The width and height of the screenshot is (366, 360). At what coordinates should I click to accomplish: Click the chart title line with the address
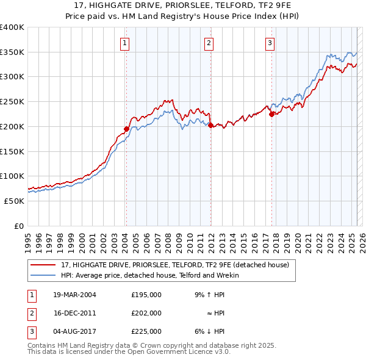coord(183,5)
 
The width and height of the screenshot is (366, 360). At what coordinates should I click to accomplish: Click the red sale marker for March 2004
coord(126,129)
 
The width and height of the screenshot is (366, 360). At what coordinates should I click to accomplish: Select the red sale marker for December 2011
coord(210,126)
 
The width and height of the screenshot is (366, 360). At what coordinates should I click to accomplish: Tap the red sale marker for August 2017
coord(271,114)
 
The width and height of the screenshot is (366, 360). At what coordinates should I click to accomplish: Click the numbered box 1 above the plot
coord(124,43)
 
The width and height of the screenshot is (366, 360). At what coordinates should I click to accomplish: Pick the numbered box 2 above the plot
coord(209,43)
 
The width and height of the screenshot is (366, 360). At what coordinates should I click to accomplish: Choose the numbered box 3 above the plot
coord(270,43)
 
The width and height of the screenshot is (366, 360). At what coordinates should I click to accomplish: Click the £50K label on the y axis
coord(14,201)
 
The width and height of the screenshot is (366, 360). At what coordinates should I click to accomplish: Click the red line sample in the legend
coord(43,265)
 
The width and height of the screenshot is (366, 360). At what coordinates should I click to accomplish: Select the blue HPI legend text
coord(149,276)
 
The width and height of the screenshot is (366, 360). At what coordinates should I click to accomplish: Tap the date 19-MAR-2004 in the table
coord(75,295)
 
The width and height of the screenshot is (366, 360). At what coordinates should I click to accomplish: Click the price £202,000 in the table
coord(146,313)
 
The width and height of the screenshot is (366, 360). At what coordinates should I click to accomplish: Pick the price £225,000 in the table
coord(146,331)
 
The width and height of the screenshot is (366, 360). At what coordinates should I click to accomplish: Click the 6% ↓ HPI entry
coord(209,331)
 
